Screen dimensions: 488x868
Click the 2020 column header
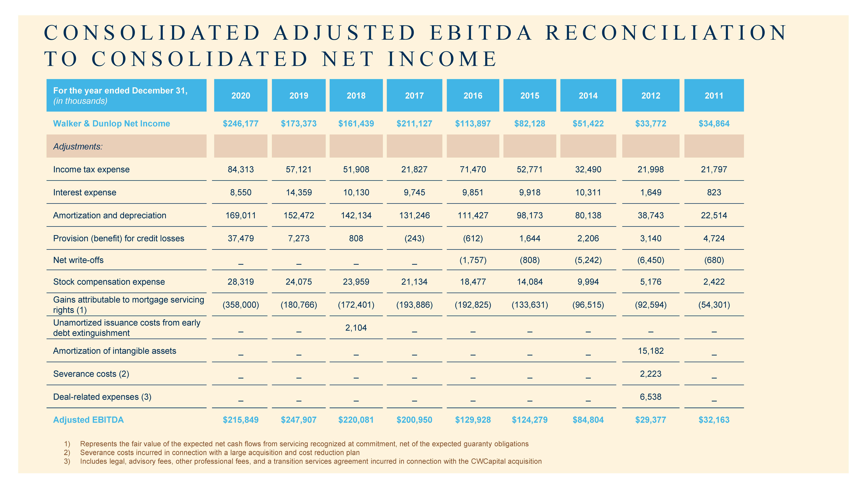click(x=241, y=96)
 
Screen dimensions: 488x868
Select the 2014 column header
click(x=588, y=96)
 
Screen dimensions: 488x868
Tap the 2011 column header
click(x=714, y=96)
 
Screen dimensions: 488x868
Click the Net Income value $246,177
click(x=241, y=124)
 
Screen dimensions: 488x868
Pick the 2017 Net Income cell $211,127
click(x=414, y=124)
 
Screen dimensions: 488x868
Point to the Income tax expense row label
click(x=91, y=169)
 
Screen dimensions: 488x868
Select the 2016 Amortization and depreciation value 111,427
click(x=473, y=216)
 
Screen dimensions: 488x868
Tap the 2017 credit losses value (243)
click(x=414, y=238)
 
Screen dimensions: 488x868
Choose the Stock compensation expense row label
click(x=109, y=282)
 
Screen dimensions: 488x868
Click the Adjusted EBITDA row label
click(x=88, y=420)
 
